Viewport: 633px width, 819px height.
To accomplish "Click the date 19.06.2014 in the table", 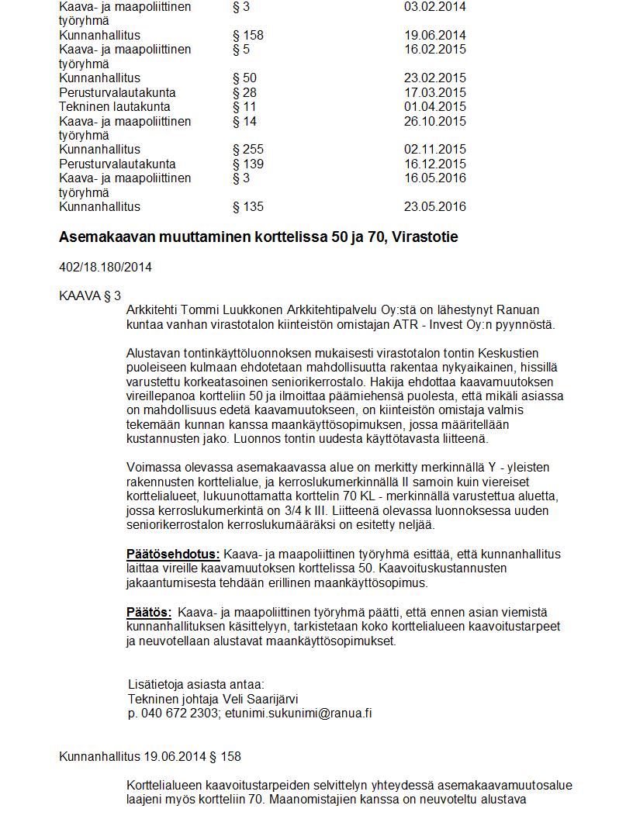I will (435, 35).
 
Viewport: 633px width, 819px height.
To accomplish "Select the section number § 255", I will (248, 149).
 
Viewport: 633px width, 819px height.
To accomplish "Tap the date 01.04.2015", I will (435, 106).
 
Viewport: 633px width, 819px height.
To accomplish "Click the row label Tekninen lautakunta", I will (115, 106).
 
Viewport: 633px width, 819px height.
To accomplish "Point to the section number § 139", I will (248, 164).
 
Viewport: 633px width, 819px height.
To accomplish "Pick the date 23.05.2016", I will (435, 206).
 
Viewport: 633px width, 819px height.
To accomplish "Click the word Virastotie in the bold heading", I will (426, 237).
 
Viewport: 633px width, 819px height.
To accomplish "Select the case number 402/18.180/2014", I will (105, 268).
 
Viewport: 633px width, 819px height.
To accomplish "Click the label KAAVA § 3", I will (90, 295).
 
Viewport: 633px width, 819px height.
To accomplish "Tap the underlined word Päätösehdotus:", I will (173, 555).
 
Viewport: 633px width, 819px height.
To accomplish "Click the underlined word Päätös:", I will (149, 613).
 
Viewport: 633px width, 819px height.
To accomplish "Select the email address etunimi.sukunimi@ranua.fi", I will (298, 713).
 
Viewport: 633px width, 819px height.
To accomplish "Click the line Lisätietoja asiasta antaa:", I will (196, 684).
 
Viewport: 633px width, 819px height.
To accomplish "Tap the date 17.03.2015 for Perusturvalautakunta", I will (435, 92).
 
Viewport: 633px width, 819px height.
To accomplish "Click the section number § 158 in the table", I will (248, 35).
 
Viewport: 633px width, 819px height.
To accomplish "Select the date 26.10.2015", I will (435, 121).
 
